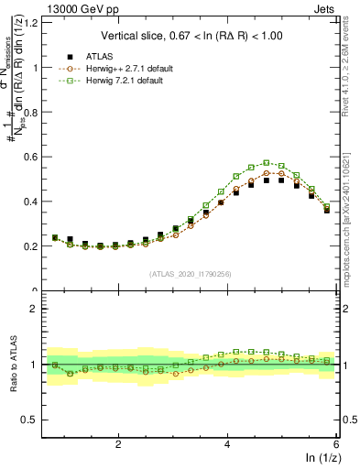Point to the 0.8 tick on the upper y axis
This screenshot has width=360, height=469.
pos(36,112)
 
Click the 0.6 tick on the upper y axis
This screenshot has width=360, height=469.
pos(36,157)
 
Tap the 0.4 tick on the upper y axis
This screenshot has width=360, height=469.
pos(36,202)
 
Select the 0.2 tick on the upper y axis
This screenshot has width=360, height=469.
pos(36,246)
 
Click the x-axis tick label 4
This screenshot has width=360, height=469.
pos(227,444)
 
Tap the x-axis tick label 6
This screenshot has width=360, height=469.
pos(335,444)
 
